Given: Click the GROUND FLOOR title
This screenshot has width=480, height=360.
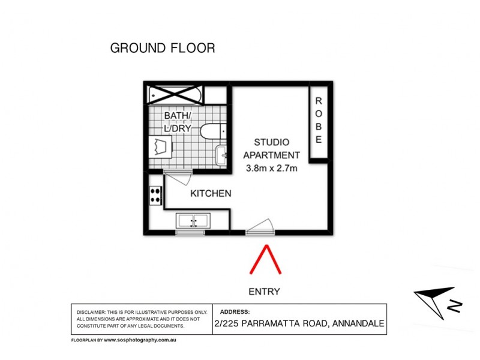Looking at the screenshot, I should (x=162, y=48).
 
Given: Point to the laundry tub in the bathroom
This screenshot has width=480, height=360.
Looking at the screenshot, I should (x=160, y=147).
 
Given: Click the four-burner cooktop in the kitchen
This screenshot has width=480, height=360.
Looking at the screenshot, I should (x=155, y=195).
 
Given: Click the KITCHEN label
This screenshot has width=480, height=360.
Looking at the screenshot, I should (x=211, y=193).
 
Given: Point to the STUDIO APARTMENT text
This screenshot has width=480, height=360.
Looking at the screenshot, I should (x=272, y=148).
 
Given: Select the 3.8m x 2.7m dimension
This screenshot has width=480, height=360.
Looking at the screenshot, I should (x=272, y=168).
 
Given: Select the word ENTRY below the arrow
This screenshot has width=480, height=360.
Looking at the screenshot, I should (x=264, y=292).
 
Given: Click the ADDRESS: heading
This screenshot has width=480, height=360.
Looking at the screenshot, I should (x=235, y=312).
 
